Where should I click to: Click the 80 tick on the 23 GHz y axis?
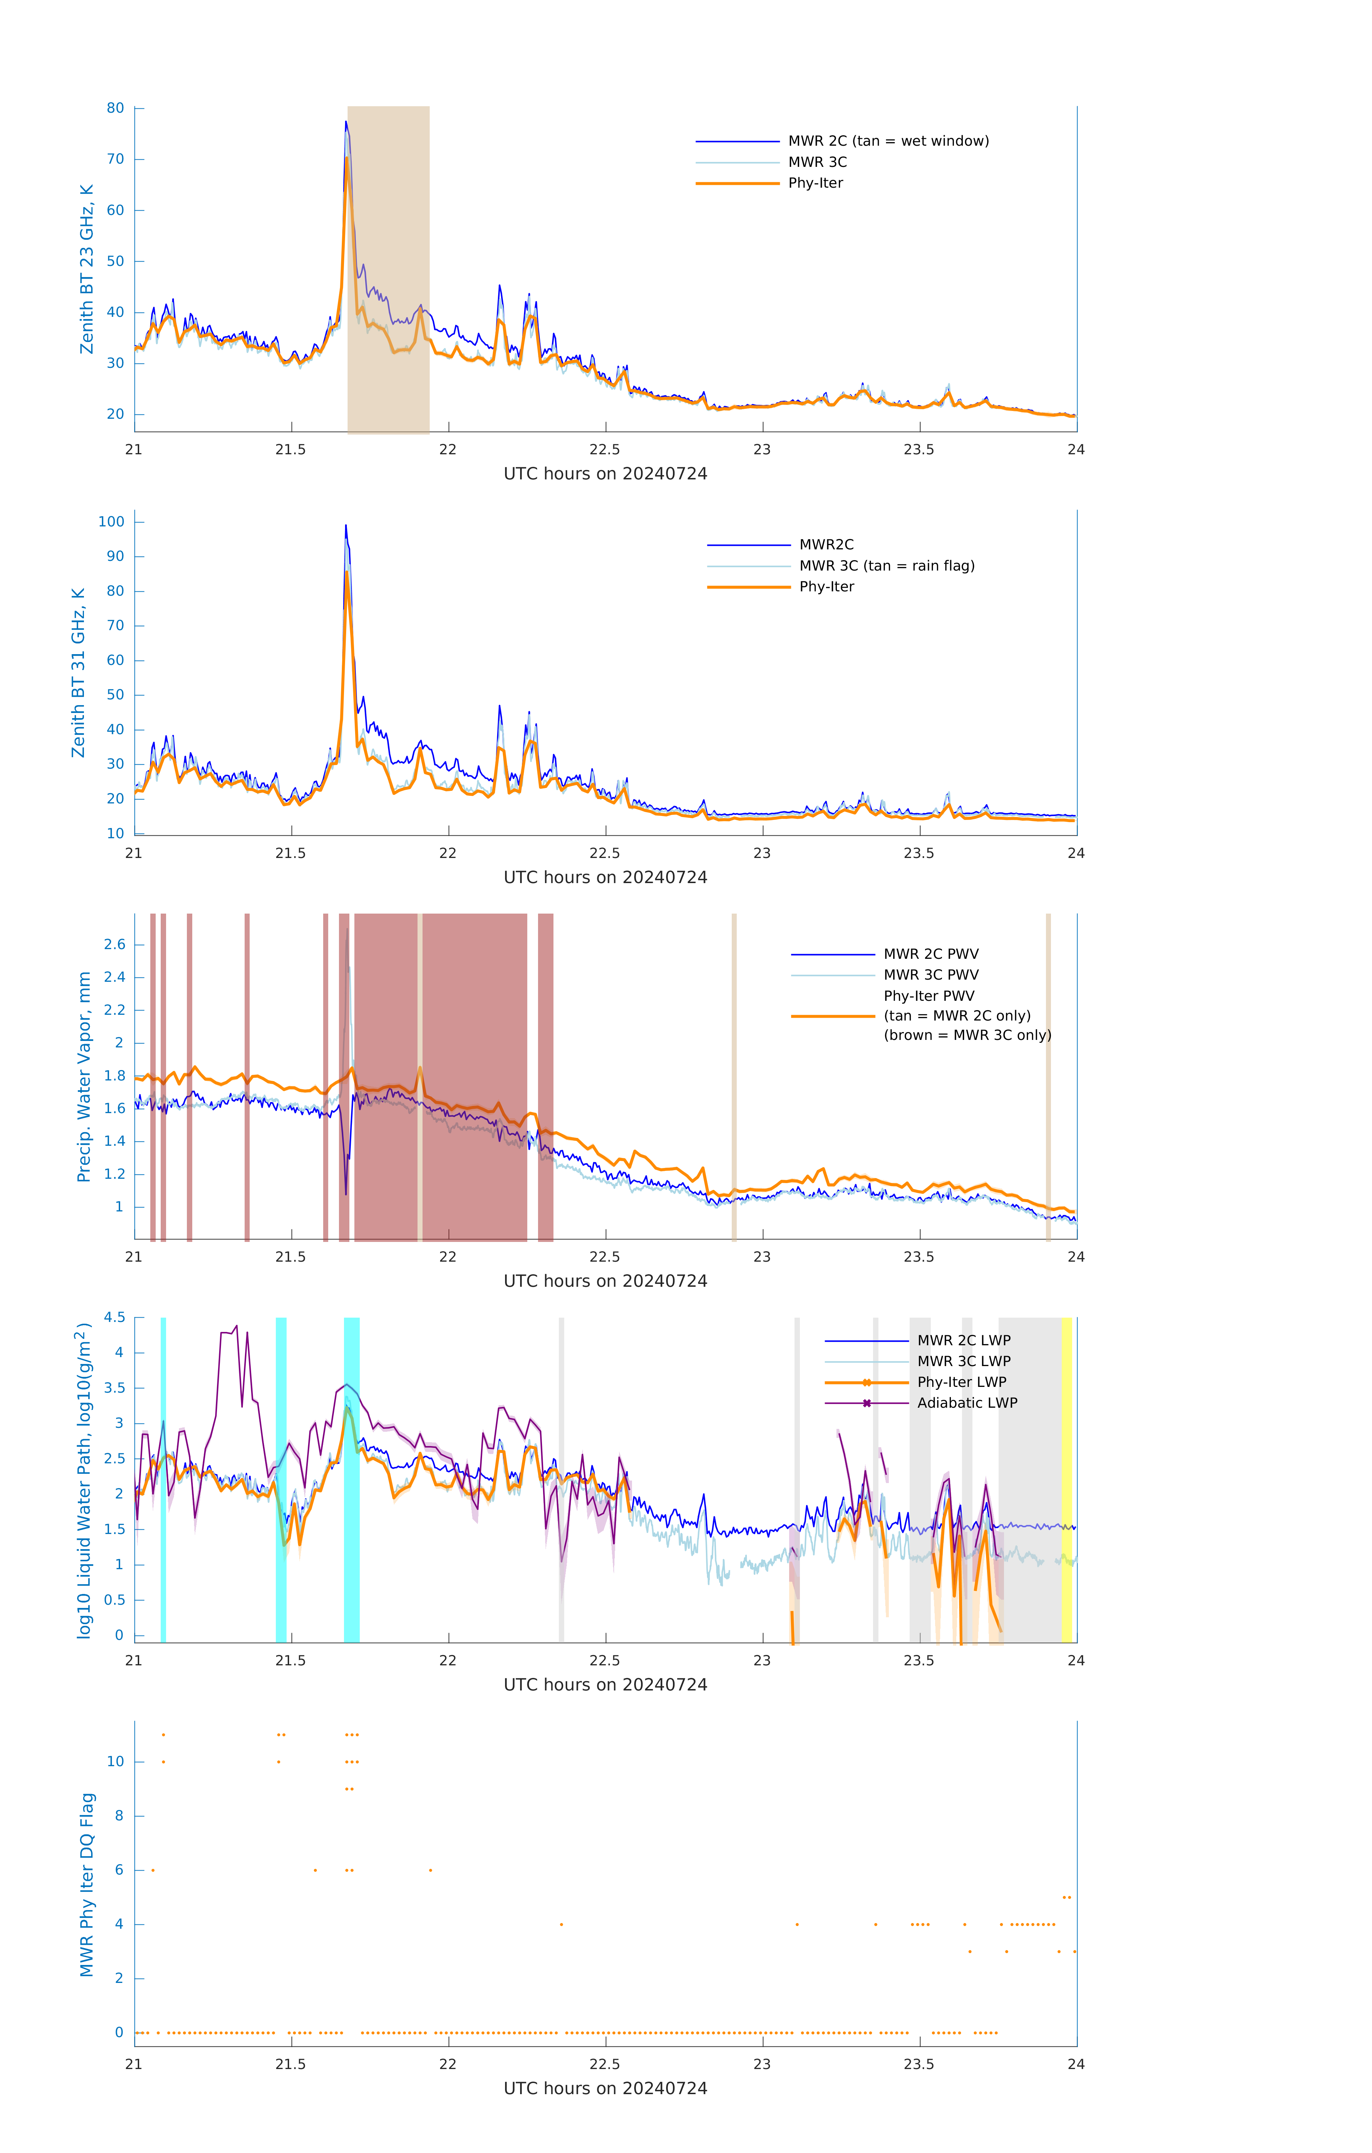coord(115,108)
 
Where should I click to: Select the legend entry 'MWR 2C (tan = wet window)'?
coord(887,141)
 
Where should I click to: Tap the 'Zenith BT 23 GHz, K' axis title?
coord(87,269)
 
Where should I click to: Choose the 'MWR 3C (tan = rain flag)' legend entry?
coord(886,566)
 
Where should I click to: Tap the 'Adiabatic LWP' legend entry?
coord(966,1404)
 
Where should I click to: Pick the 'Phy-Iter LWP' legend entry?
coord(961,1382)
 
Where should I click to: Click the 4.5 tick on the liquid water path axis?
coord(114,1318)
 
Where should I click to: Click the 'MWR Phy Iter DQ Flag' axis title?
coord(87,1885)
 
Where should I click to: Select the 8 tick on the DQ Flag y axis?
coord(119,1816)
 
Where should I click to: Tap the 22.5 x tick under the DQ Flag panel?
coord(605,2064)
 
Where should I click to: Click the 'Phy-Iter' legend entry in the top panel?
coord(815,183)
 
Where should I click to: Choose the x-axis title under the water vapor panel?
coord(605,1281)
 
